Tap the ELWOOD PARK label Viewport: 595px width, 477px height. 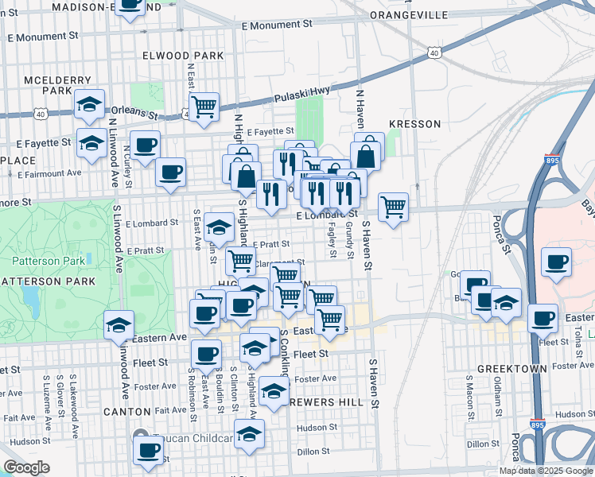[183, 56]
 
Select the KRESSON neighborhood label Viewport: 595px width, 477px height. [414, 124]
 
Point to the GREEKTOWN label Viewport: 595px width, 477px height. [512, 369]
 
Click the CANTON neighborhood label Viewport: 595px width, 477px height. [126, 411]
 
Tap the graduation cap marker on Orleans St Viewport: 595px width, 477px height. [90, 104]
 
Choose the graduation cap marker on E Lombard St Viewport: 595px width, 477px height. [219, 228]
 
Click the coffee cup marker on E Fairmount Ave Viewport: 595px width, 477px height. [169, 172]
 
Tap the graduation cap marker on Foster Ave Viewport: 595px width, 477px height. [274, 391]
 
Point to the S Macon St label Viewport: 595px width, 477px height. [470, 398]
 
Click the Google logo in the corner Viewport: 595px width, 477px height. [26, 467]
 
